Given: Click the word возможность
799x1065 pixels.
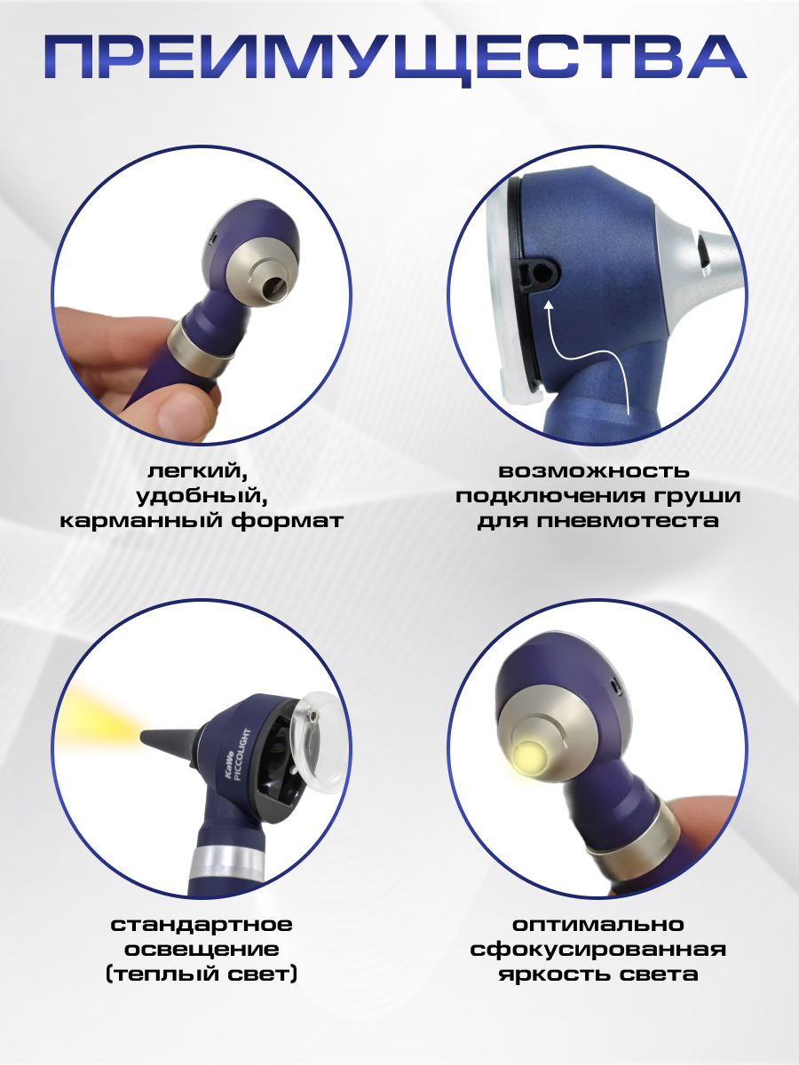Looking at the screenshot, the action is (594, 471).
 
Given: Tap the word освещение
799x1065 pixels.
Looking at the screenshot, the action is (202, 950).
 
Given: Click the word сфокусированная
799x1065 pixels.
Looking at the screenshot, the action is (597, 950).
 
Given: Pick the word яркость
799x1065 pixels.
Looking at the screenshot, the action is (550, 974).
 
